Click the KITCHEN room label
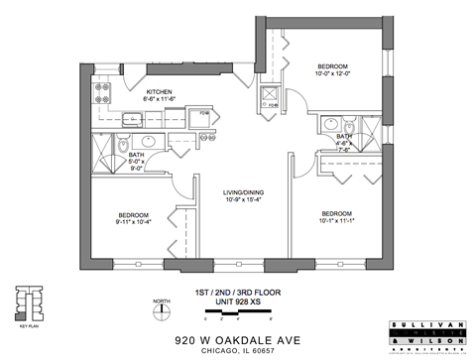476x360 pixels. pos(161,90)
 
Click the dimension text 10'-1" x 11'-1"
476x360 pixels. pos(338,221)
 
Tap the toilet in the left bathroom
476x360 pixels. pos(119,148)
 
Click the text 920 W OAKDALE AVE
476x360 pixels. pos(237,337)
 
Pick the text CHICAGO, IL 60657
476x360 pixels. pos(237,350)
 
